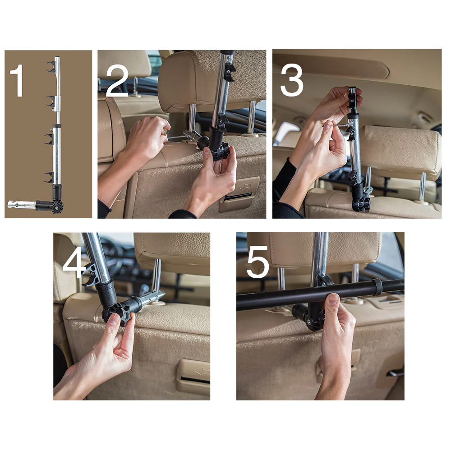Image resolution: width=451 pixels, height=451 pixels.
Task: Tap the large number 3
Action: tap(291, 80)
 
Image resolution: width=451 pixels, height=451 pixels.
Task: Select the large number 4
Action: tap(74, 263)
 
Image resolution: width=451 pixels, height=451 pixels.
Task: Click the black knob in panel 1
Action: tap(57, 207)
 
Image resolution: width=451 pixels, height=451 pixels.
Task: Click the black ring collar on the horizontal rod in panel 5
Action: tap(377, 287)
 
